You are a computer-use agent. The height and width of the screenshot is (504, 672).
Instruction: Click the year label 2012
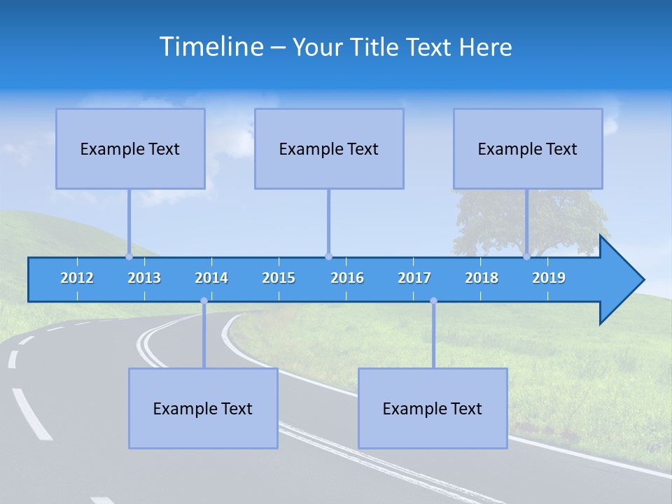(x=77, y=278)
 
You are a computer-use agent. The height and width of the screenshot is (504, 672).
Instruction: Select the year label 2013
(x=144, y=278)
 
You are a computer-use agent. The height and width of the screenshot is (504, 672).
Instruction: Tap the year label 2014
(x=211, y=278)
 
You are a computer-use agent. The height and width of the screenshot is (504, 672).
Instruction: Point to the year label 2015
(x=279, y=278)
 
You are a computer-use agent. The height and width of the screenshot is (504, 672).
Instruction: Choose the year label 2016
(x=347, y=278)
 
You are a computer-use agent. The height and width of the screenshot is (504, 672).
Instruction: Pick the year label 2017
(x=414, y=278)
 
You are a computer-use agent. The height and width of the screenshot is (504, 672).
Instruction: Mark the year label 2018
(x=482, y=278)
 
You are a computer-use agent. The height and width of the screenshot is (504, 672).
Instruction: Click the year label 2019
(x=549, y=278)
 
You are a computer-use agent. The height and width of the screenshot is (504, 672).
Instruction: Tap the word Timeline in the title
(x=211, y=47)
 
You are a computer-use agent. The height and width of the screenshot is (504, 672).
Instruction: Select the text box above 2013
(x=130, y=148)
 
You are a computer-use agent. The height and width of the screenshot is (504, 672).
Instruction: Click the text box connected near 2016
(x=329, y=148)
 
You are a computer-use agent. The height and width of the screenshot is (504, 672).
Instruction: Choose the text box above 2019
(x=528, y=148)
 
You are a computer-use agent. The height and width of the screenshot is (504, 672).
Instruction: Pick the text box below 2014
(x=203, y=408)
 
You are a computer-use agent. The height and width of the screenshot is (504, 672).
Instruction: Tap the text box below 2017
(x=433, y=408)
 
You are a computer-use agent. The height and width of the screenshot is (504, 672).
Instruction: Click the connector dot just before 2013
(x=129, y=256)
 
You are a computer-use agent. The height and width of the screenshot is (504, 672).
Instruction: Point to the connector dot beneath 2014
(x=204, y=301)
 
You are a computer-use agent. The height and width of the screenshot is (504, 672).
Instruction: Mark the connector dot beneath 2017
(x=433, y=301)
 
